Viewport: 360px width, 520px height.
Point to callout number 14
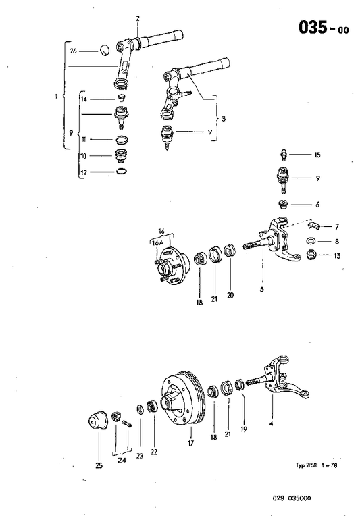click(x=84, y=99)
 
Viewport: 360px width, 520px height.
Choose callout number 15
click(x=317, y=155)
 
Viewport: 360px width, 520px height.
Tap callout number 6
click(x=317, y=205)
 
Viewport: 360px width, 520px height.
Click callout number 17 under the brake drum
click(x=190, y=444)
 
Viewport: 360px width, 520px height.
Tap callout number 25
click(x=99, y=465)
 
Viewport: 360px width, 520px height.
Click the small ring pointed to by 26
click(x=105, y=49)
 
